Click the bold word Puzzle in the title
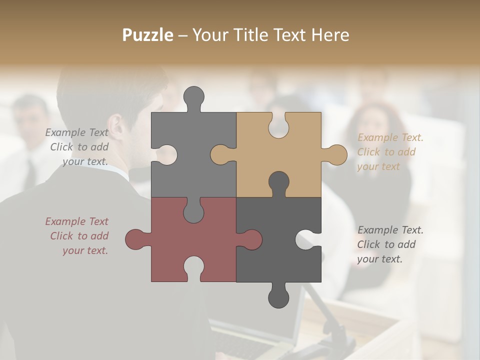point(148,35)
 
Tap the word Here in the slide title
point(330,35)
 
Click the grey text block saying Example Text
point(77,147)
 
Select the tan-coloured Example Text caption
point(390,152)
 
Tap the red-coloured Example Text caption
point(77,236)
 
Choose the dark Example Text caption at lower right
point(390,244)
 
